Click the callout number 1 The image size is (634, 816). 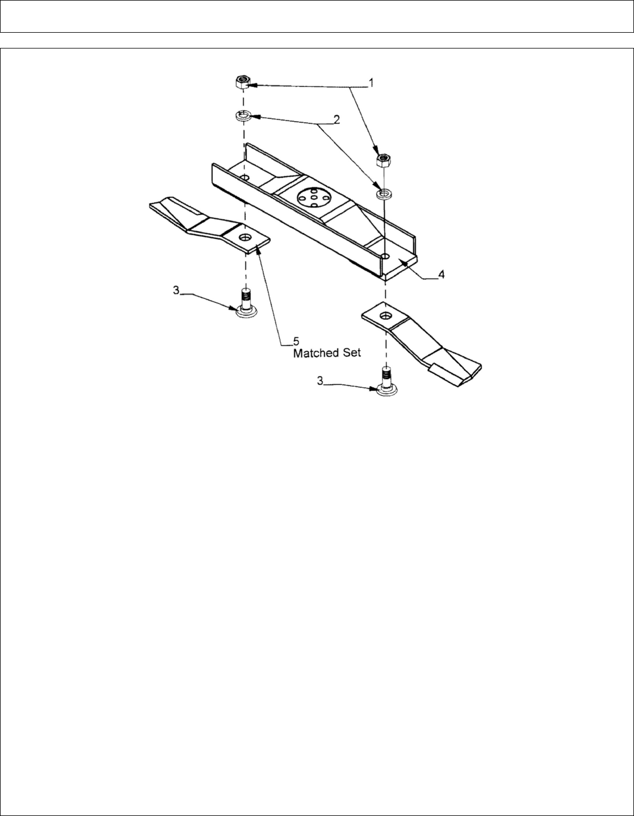pos(371,82)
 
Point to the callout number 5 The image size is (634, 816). pos(296,341)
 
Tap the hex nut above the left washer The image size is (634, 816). pos(243,83)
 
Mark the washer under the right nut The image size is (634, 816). pos(384,194)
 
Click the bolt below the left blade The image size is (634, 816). pos(244,302)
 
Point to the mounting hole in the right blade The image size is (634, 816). pos(385,315)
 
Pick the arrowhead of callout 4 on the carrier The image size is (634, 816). pos(401,262)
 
